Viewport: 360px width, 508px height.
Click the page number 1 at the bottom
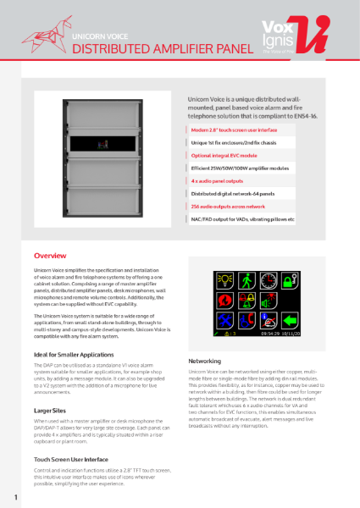coord(15,495)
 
